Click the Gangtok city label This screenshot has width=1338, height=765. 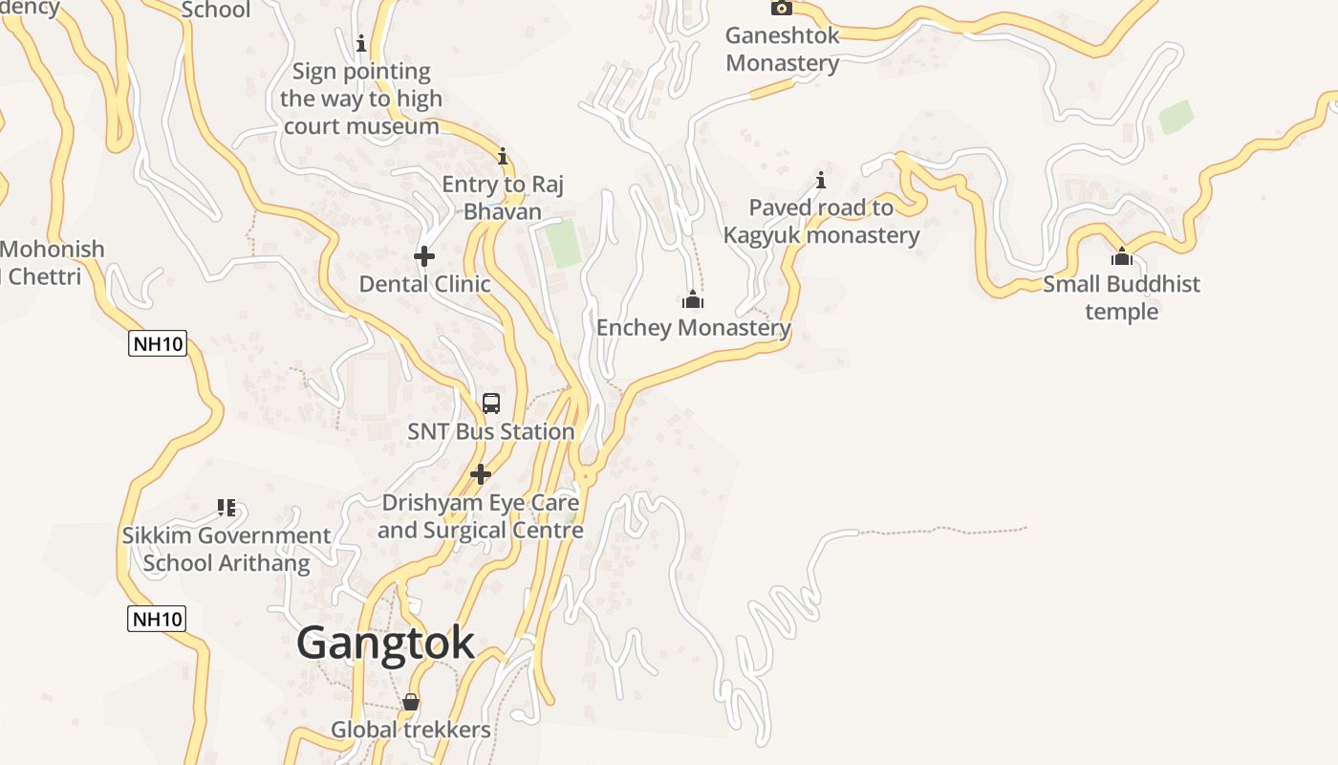385,643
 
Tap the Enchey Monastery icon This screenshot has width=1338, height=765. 693,300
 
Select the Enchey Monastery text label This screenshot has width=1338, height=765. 693,328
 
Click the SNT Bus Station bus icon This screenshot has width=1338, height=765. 491,404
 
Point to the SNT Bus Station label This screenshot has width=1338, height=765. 491,432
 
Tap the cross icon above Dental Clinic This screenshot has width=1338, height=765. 424,256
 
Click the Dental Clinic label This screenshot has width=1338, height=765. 424,284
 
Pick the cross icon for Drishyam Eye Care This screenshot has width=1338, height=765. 481,474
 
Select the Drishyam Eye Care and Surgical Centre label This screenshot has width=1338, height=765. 480,516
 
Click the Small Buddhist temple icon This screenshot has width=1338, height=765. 1122,256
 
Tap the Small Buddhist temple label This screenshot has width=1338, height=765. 1121,297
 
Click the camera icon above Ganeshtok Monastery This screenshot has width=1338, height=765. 782,8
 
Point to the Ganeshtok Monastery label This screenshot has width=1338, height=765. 782,50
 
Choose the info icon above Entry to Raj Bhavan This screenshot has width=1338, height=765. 503,157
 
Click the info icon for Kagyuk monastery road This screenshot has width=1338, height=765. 820,180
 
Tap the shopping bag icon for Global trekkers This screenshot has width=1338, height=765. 411,703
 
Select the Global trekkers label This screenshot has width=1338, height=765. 411,731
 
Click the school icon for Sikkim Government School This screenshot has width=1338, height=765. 227,508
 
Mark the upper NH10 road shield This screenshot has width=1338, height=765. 158,343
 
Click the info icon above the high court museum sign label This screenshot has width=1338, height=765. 361,43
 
